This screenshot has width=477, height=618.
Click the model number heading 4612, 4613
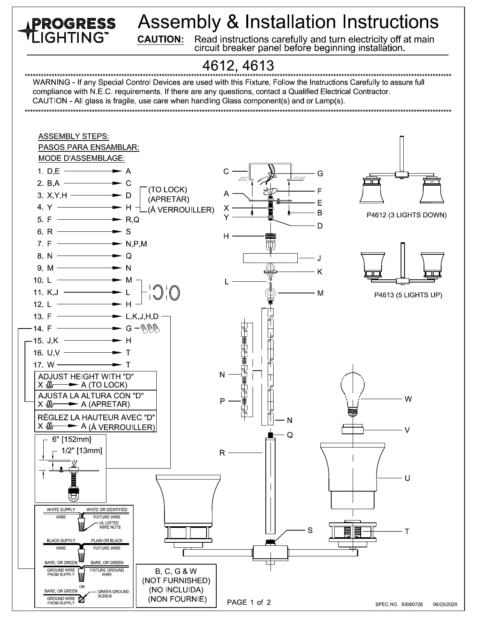click(238, 66)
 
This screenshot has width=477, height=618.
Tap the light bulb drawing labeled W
click(353, 390)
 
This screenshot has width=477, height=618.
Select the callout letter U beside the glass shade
click(407, 478)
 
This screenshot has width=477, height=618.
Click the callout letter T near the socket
click(407, 531)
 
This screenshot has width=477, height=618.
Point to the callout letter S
click(310, 530)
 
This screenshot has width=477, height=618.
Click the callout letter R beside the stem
click(222, 453)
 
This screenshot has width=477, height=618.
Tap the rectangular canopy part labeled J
click(270, 258)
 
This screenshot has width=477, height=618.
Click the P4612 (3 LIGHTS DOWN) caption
click(406, 215)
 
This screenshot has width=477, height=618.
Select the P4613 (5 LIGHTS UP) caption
click(408, 295)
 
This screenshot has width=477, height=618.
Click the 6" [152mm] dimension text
click(72, 439)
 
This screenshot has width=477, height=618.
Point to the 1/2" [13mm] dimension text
click(82, 451)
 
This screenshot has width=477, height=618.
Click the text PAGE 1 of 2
click(249, 602)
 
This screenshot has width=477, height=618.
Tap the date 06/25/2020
click(445, 605)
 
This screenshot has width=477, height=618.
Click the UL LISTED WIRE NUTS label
click(110, 525)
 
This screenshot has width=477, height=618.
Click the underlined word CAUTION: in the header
click(161, 39)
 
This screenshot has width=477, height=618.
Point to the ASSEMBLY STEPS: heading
click(74, 136)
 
